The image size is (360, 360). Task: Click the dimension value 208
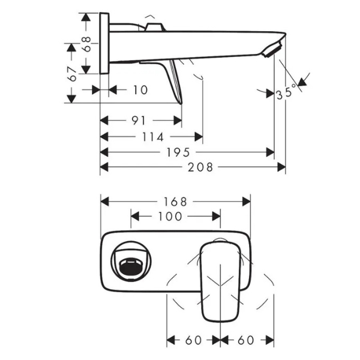click(200, 167)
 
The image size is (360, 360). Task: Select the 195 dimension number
click(178, 152)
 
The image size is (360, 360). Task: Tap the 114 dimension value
click(153, 137)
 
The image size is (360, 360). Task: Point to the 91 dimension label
click(139, 121)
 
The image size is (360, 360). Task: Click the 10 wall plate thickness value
click(140, 90)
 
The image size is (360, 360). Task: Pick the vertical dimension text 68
click(86, 44)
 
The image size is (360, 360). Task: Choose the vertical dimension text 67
click(72, 74)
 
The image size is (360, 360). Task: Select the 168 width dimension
click(175, 202)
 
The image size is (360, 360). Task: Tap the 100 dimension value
click(170, 216)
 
